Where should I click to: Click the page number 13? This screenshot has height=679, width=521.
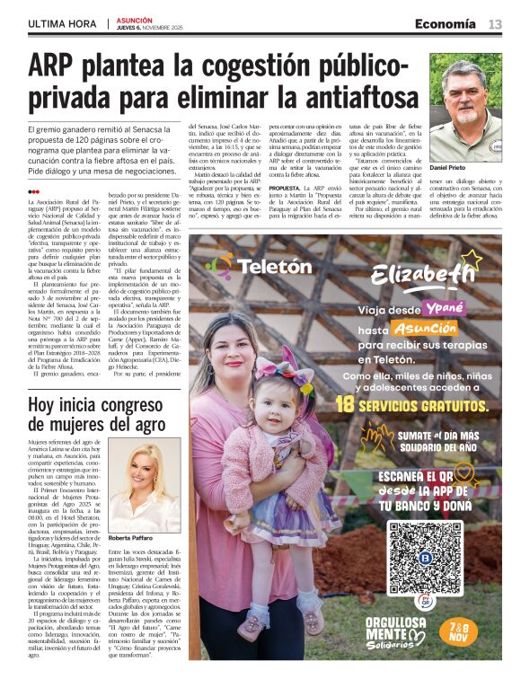pos(495,24)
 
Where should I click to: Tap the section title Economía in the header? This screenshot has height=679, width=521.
pos(446,24)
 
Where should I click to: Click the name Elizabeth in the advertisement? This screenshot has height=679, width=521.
pos(435,276)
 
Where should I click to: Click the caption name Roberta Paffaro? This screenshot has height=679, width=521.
pos(131,538)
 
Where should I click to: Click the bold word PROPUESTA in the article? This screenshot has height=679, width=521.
pos(289,189)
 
